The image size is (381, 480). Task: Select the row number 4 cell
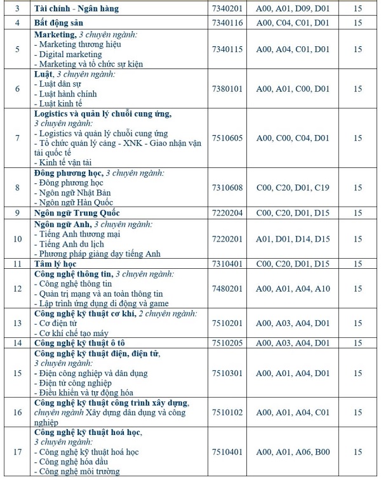click(18, 23)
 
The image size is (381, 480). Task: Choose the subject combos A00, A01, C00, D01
click(293, 89)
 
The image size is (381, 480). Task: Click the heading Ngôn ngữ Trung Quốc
click(77, 213)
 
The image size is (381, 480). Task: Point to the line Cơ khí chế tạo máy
click(74, 333)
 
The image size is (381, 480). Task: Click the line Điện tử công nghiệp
click(75, 383)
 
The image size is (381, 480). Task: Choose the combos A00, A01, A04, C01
click(293, 412)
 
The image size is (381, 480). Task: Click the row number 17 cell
click(18, 452)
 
